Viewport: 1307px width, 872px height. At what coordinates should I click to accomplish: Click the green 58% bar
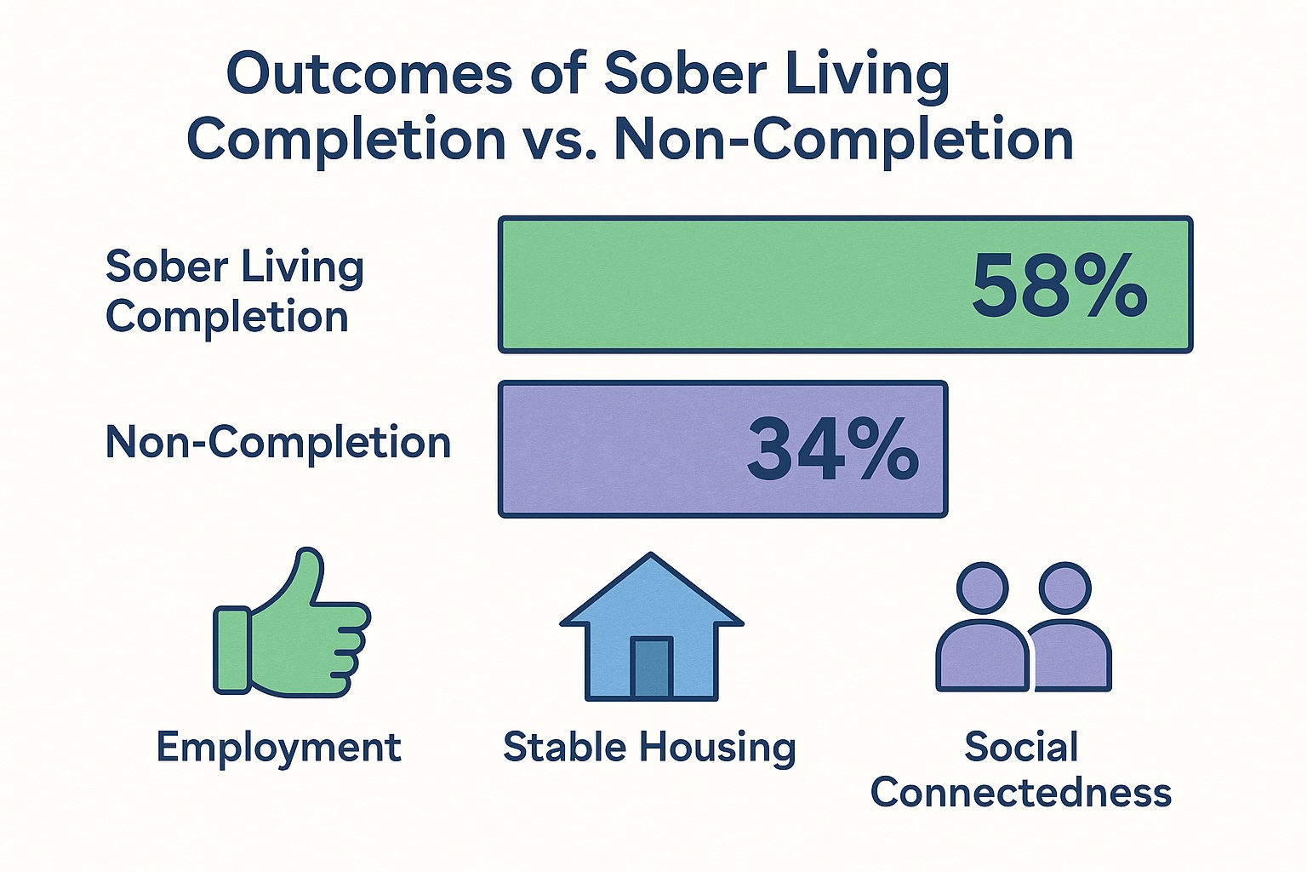coord(845,284)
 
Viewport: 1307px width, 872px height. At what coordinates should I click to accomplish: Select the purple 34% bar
coord(722,449)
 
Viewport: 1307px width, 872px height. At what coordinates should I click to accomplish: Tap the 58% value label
coord(1059,285)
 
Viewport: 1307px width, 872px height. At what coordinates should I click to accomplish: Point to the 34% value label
coord(833,450)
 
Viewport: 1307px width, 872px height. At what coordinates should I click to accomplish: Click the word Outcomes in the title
coord(369,74)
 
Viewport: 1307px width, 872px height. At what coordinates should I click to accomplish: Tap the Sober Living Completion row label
coord(235,291)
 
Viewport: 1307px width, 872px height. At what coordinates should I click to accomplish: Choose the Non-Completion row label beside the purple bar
coord(278,443)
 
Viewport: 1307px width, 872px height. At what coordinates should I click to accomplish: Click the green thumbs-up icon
coord(292,623)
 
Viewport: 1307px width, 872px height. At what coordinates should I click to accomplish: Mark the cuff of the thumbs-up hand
coord(232,651)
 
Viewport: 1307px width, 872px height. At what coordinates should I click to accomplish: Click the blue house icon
coord(651,627)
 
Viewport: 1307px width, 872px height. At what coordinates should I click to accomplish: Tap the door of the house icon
coord(651,668)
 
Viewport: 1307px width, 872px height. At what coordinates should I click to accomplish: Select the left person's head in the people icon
coord(983,588)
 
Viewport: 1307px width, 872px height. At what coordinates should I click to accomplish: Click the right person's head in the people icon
coord(1064,588)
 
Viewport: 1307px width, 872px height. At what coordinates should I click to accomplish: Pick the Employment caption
coord(279,749)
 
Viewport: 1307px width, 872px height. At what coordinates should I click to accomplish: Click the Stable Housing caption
coord(649,749)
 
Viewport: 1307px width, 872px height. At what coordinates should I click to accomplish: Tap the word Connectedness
coord(1021,794)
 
